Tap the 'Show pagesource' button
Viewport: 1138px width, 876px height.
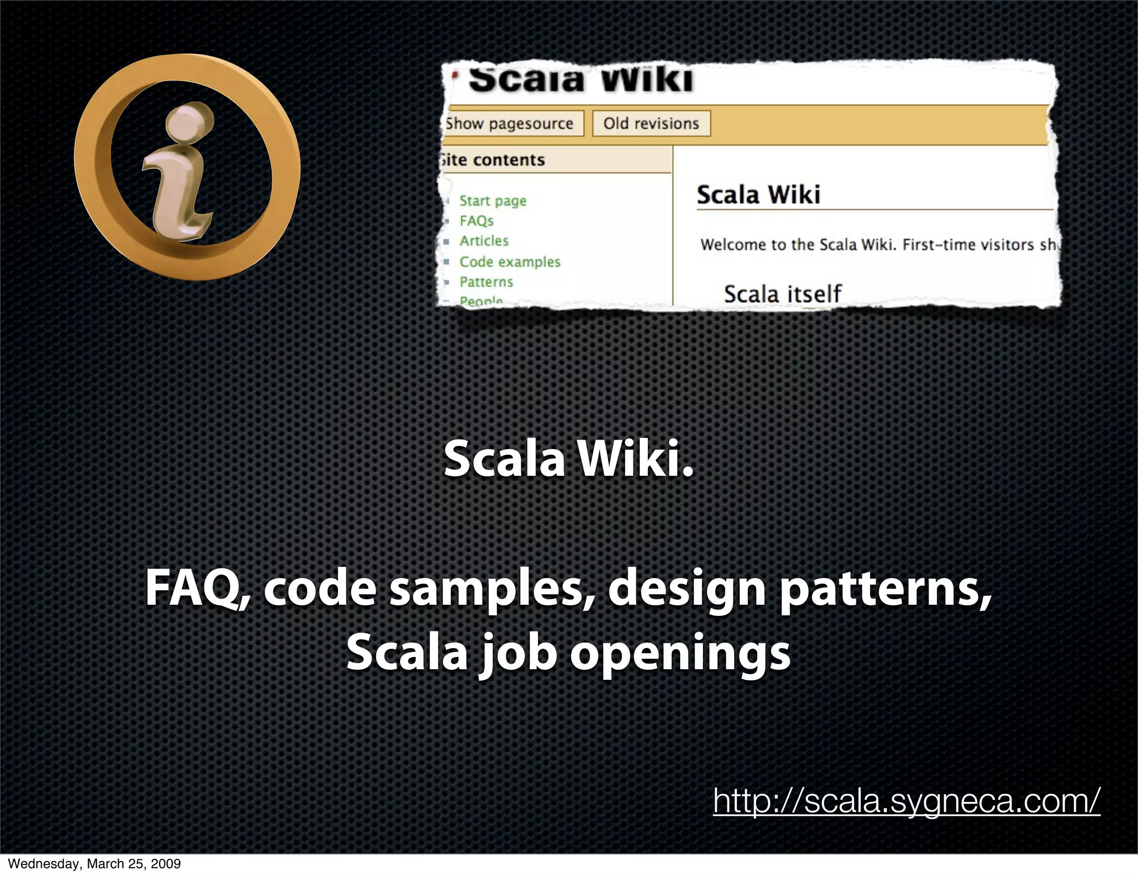coord(510,123)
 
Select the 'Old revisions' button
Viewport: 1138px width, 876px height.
coord(651,123)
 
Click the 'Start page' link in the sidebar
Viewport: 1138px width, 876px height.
coord(492,201)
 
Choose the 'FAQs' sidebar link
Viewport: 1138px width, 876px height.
coord(476,221)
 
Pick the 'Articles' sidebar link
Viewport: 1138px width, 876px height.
coord(484,241)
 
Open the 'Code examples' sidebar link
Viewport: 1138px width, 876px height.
coord(510,261)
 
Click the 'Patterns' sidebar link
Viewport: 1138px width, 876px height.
coord(486,282)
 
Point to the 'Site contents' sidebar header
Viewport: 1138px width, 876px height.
coord(493,160)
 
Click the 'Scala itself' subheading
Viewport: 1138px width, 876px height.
coord(782,293)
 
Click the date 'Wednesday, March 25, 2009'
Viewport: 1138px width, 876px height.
coord(94,864)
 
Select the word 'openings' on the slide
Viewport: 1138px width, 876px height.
coord(680,653)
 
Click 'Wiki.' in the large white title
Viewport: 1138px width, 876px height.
coord(636,459)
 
